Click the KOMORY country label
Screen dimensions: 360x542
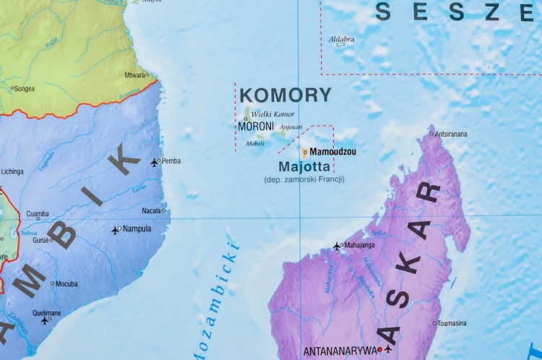(285, 95)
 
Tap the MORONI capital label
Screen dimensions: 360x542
(255, 127)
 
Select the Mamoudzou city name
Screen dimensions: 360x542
(332, 152)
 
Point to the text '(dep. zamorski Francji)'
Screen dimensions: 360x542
(304, 179)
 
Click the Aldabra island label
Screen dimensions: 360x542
(341, 39)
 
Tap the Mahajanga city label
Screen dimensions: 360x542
(359, 246)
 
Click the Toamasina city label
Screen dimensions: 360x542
(453, 323)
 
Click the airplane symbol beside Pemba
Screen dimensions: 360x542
(154, 162)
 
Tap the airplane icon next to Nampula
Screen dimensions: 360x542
(115, 230)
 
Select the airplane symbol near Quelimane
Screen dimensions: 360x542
(45, 320)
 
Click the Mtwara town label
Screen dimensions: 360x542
(134, 74)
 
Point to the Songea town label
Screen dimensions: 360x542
(25, 89)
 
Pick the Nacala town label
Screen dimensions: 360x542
(151, 211)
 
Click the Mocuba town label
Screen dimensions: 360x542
(66, 283)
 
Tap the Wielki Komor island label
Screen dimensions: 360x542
(272, 114)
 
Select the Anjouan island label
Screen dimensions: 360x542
(291, 127)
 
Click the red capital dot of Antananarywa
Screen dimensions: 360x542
(379, 350)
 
